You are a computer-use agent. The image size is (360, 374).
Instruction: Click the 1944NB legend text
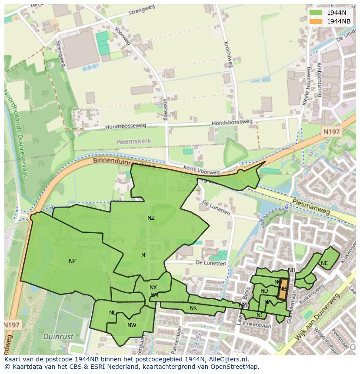point(339,21)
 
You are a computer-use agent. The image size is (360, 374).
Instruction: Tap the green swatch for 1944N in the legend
point(316,13)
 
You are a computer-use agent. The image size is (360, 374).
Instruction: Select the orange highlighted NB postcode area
point(283,289)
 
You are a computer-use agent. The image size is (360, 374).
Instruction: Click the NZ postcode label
point(151,218)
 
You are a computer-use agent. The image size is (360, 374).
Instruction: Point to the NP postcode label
point(72,261)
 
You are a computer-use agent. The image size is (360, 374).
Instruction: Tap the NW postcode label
point(132,325)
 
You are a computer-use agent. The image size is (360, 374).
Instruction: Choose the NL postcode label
point(113,313)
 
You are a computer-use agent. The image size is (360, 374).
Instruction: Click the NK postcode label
point(193,308)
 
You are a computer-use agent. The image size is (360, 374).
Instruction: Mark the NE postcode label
point(324,263)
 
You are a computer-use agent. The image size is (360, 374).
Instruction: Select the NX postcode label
point(153,288)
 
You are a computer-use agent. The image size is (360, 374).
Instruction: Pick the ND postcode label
point(264,291)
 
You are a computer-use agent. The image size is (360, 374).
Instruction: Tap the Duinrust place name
point(58,336)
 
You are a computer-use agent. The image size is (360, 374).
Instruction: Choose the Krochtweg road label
point(227,55)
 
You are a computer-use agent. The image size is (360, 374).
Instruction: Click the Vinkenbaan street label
point(257,324)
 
